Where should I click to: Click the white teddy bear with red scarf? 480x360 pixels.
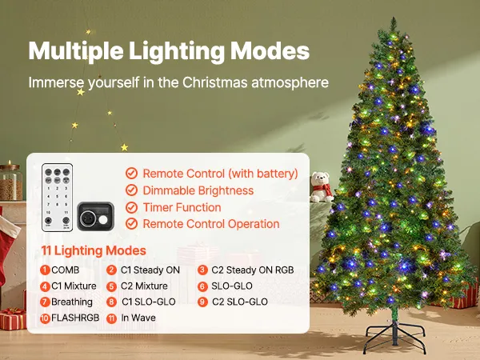click(x=321, y=187)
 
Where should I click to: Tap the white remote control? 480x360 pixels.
click(x=58, y=198)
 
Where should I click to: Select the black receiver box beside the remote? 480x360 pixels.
click(x=95, y=216)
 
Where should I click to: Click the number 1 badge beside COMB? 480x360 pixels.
click(x=45, y=270)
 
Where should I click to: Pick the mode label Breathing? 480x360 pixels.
click(x=72, y=302)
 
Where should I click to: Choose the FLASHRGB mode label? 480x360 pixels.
click(x=75, y=318)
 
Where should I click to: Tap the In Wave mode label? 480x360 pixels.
click(x=138, y=318)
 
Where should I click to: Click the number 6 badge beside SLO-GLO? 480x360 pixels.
click(x=202, y=286)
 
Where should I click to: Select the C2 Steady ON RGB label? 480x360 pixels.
click(x=253, y=270)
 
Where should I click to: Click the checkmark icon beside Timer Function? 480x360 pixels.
click(x=131, y=207)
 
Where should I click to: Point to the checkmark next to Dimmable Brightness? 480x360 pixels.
click(x=131, y=190)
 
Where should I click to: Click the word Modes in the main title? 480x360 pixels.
click(x=270, y=50)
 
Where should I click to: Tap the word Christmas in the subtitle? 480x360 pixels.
click(x=215, y=82)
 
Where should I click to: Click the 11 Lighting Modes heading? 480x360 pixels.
click(x=94, y=250)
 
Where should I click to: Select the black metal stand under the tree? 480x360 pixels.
click(x=395, y=334)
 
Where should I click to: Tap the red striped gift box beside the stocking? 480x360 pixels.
click(x=13, y=319)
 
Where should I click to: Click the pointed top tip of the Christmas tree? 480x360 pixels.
click(x=393, y=18)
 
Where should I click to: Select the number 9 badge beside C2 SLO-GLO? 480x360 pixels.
click(x=202, y=302)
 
